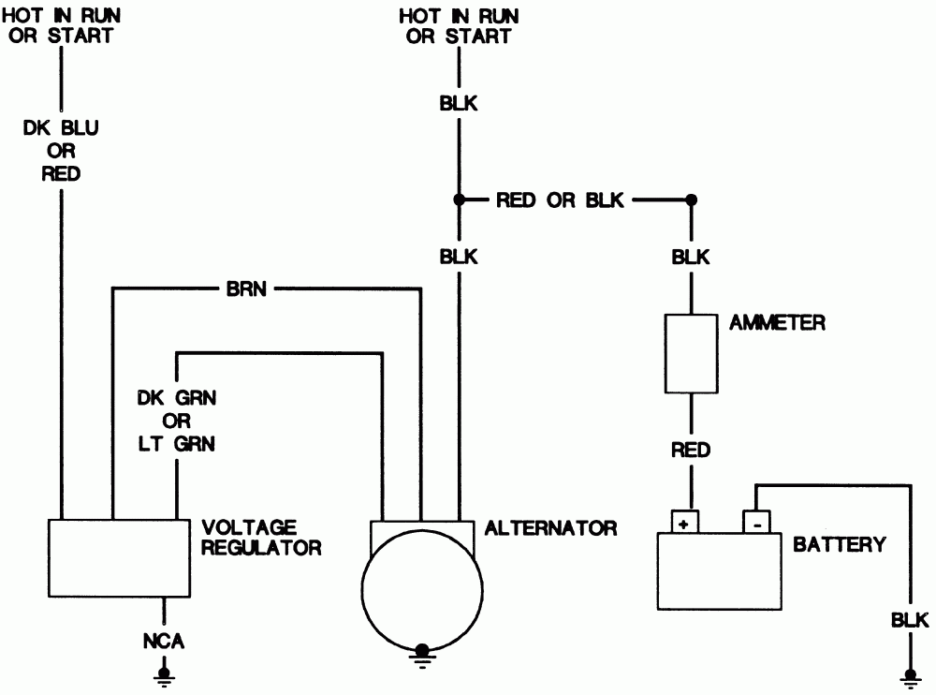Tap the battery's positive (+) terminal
point(683,522)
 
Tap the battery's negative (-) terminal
point(755,522)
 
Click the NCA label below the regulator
point(165,642)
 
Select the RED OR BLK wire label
point(562,200)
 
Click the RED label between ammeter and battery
point(691,451)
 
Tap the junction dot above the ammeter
point(691,200)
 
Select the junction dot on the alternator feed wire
point(459,200)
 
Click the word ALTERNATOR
point(551,528)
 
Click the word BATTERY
point(839,544)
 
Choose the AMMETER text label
point(777,323)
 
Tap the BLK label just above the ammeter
point(691,257)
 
